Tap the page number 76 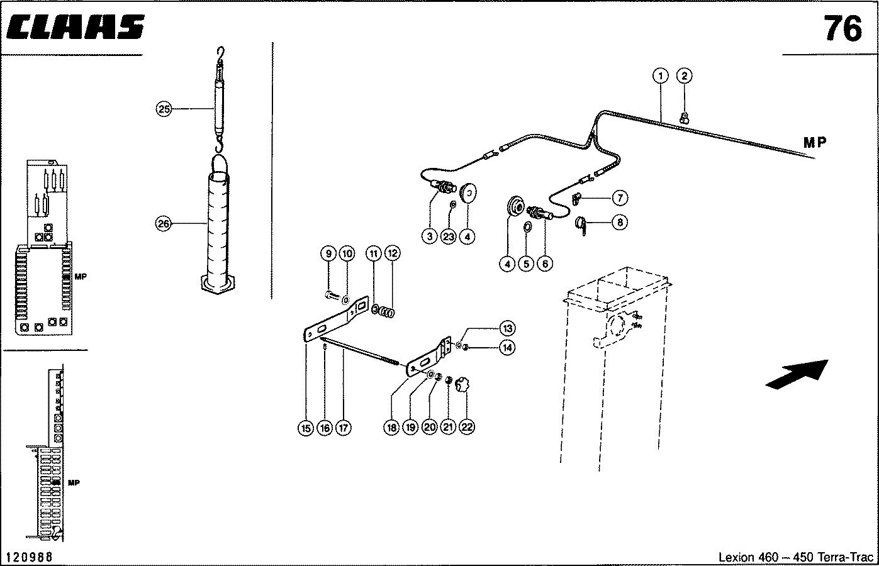(x=843, y=28)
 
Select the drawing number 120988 (x=28, y=557)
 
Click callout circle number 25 (x=164, y=109)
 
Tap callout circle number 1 (x=659, y=76)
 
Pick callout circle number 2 (x=684, y=76)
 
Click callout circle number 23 (x=448, y=236)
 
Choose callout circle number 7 (x=619, y=198)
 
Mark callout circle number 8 (x=619, y=222)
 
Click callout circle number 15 (x=305, y=428)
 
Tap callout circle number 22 (x=466, y=427)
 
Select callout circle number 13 (x=507, y=328)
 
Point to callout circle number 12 (x=392, y=253)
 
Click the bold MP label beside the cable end (x=815, y=142)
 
